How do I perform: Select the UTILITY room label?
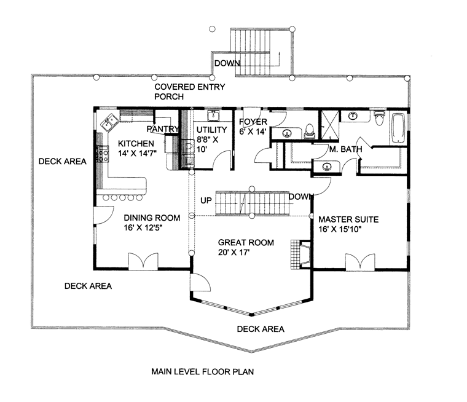tap(211, 130)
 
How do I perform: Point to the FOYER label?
tap(253, 122)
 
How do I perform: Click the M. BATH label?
tap(345, 149)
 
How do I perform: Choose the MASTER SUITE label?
tap(348, 219)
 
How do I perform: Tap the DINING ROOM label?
tap(152, 218)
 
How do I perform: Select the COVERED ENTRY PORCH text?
tap(189, 87)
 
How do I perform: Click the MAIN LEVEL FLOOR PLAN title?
tap(202, 371)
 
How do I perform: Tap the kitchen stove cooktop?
tap(102, 153)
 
